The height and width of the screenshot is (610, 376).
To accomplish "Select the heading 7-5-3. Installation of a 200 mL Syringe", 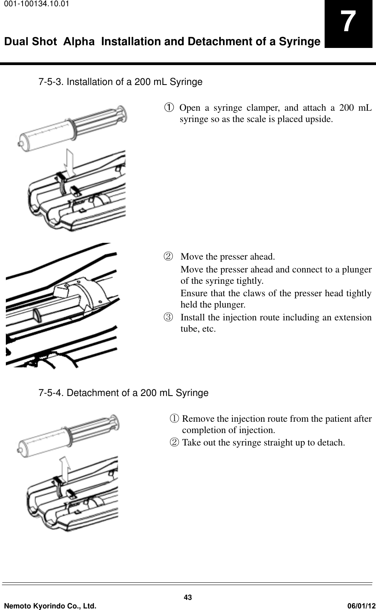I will point(120,82).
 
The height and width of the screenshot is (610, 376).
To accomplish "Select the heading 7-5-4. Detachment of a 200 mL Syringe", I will point(123,393).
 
